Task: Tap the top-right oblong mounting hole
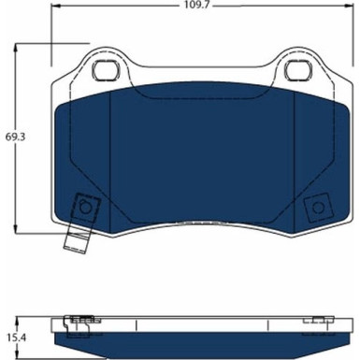coord(299,69)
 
